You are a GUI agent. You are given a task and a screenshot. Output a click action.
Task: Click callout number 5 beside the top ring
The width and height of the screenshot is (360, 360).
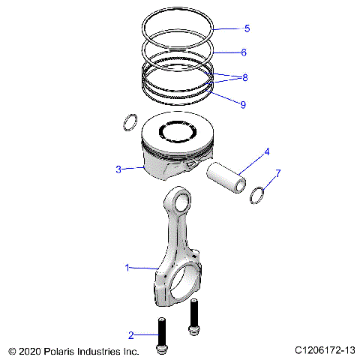coord(247,28)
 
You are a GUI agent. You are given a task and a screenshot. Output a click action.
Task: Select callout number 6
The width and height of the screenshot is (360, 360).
coord(244,52)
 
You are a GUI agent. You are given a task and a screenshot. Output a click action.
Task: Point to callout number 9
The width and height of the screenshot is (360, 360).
coord(243,105)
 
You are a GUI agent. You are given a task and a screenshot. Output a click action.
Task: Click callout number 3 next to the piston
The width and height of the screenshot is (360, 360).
coord(118,169)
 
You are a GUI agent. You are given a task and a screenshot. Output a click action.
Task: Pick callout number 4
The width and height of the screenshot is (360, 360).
coord(265,153)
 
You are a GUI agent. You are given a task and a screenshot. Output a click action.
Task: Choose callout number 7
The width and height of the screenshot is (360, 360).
coord(278,173)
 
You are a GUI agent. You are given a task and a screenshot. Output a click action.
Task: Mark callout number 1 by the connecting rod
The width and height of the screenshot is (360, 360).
coord(127,267)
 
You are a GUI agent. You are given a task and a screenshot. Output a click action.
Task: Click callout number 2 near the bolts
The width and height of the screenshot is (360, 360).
coord(130,334)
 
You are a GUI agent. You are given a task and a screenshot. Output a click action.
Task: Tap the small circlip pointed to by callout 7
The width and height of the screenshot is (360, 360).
coord(257,194)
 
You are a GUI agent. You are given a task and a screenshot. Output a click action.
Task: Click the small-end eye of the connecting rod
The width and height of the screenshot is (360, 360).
coord(179,200)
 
